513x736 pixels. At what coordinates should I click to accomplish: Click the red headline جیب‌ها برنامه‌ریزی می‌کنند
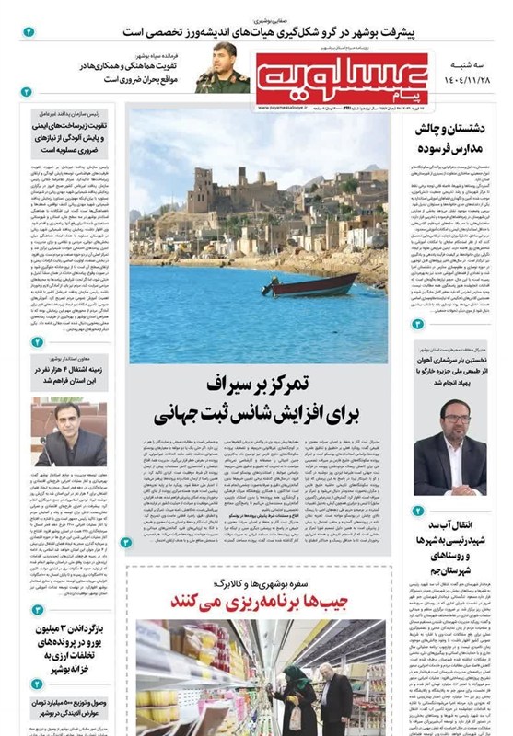255,601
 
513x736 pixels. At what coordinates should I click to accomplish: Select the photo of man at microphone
70,432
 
